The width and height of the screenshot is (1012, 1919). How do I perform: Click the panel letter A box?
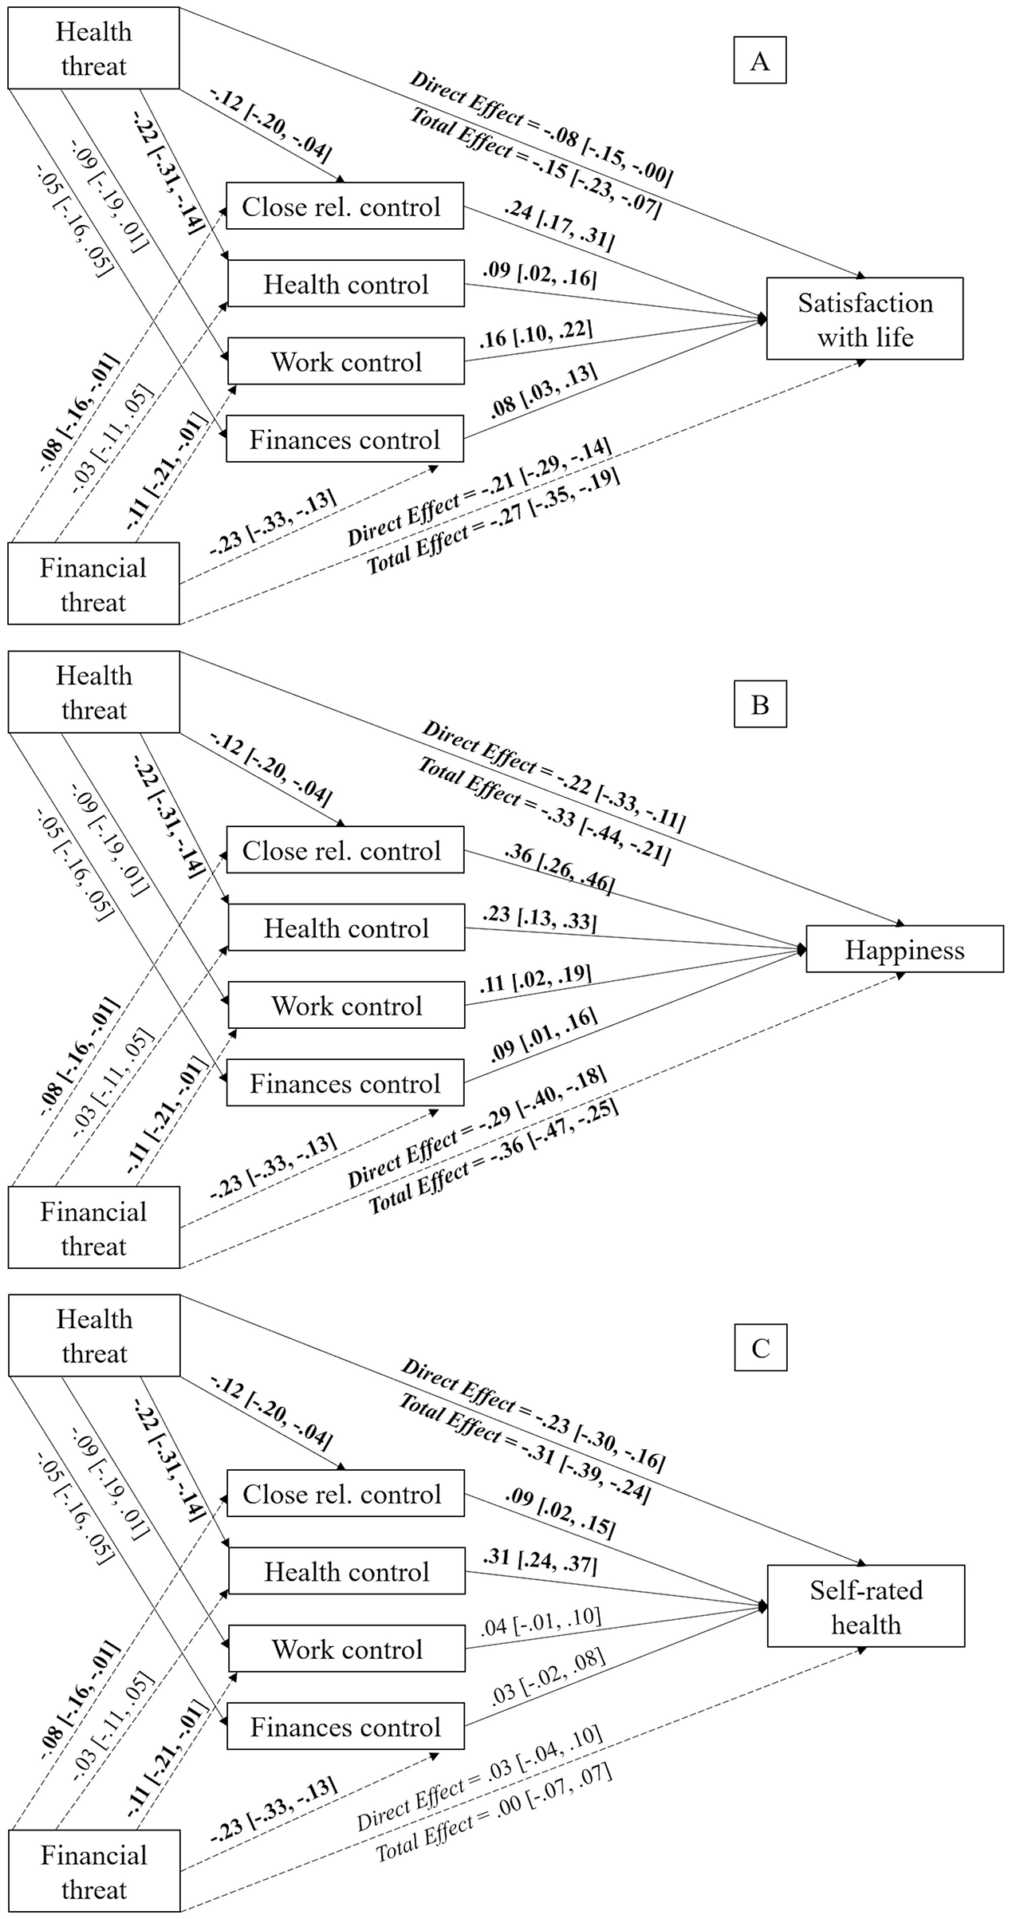759,61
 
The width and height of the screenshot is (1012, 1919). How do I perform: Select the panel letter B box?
759,704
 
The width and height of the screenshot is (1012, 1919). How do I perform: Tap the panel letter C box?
759,1348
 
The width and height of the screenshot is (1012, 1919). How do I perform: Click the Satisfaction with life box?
864,319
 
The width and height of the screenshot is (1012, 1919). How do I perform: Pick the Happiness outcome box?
904,949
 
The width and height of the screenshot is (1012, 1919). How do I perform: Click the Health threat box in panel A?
93,49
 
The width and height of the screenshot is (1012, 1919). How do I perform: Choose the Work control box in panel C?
346,1649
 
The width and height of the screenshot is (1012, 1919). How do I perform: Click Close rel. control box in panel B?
345,850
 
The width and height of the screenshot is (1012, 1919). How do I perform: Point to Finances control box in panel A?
345,439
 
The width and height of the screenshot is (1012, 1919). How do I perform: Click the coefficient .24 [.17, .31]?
559,225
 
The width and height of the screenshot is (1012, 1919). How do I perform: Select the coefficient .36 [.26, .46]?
559,869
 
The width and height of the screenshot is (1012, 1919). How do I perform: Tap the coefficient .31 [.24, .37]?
539,1561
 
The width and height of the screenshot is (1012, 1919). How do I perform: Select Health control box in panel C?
346,1571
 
